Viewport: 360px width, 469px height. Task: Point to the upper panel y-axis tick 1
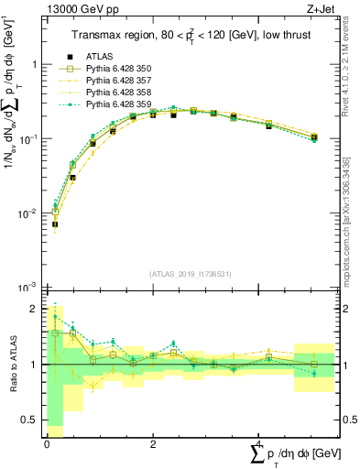click(36, 65)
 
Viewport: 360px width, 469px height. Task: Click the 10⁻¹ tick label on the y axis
click(30, 139)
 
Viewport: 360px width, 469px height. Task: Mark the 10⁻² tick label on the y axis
click(30, 213)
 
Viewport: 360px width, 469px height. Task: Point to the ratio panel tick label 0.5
click(31, 420)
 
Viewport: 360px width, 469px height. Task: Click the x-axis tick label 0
click(47, 443)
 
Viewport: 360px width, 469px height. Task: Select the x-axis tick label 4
click(256, 443)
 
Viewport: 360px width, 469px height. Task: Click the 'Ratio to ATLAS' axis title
click(12, 365)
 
